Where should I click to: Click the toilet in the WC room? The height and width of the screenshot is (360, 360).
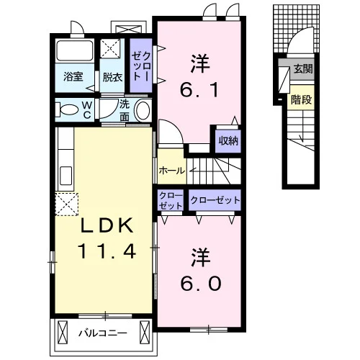pyautogui.click(x=67, y=109)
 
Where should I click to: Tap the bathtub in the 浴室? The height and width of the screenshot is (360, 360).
pyautogui.click(x=74, y=52)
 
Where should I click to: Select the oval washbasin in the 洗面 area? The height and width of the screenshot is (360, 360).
pyautogui.click(x=143, y=111)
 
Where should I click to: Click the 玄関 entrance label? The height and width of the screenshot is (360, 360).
pyautogui.click(x=303, y=69)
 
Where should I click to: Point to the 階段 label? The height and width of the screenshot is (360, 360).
pyautogui.click(x=302, y=99)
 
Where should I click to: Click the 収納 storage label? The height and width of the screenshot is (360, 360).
pyautogui.click(x=228, y=141)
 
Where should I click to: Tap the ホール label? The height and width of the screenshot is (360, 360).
pyautogui.click(x=172, y=171)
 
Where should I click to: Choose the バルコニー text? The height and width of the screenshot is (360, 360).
pyautogui.click(x=103, y=333)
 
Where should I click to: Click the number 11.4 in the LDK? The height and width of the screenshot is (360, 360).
pyautogui.click(x=107, y=251)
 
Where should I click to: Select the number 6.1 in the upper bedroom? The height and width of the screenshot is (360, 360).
pyautogui.click(x=199, y=90)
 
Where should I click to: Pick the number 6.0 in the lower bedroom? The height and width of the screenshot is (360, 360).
pyautogui.click(x=201, y=283)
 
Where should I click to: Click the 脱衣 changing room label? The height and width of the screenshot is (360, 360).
pyautogui.click(x=112, y=77)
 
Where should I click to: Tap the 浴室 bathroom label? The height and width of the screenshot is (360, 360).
pyautogui.click(x=73, y=76)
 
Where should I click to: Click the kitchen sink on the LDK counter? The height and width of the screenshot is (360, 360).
pyautogui.click(x=66, y=176)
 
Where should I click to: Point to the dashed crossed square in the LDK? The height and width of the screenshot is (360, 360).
pyautogui.click(x=67, y=204)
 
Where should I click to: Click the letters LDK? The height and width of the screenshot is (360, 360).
pyautogui.click(x=107, y=225)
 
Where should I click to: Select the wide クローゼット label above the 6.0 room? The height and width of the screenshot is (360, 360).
pyautogui.click(x=215, y=200)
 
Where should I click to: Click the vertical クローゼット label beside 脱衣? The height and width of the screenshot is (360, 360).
pyautogui.click(x=141, y=66)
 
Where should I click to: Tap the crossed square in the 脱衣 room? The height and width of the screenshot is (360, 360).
pyautogui.click(x=110, y=48)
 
